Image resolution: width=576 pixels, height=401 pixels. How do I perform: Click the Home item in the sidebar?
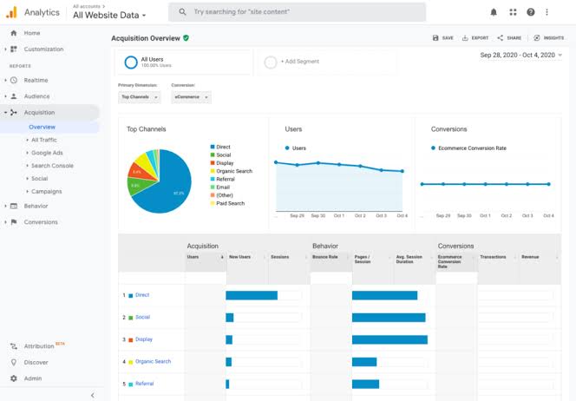(31, 33)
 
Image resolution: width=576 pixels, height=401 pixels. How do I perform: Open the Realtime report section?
(36, 80)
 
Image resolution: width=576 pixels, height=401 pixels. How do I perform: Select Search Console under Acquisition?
(52, 165)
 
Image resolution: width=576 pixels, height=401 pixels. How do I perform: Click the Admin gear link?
(32, 378)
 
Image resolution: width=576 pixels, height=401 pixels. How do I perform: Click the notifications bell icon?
(494, 12)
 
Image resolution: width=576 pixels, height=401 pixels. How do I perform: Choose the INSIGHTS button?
(549, 38)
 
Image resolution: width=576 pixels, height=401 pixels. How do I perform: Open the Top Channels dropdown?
(139, 97)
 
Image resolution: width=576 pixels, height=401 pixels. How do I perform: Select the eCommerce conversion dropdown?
(190, 97)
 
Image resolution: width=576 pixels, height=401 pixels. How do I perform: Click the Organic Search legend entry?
(234, 171)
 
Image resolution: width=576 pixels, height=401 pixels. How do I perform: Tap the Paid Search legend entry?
(230, 203)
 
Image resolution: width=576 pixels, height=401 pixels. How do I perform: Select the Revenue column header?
(530, 257)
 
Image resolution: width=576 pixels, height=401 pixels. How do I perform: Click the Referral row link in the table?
(144, 384)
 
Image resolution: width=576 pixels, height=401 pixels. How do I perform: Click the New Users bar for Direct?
(252, 295)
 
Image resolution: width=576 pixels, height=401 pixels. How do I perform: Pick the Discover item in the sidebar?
(36, 362)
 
